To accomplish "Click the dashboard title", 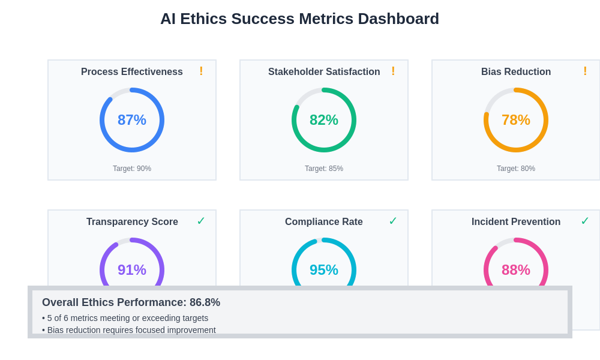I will pos(299,19).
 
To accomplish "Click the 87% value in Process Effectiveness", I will pos(132,120).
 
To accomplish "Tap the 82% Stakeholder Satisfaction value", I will pos(324,120).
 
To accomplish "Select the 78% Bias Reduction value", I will pos(516,120).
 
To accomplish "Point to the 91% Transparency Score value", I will pos(132,270).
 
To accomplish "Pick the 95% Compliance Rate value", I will pos(324,270).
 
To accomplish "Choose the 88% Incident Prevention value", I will pos(516,270).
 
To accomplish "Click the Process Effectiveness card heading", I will pos(132,72).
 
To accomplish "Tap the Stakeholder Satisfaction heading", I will pos(324,72).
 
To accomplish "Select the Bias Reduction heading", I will pos(516,72).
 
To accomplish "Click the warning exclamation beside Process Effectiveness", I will pos(201,71).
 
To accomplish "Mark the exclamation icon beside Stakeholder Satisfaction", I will pos(393,71).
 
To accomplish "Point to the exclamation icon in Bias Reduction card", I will pos(585,71).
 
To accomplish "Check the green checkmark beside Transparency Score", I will pos(201,221).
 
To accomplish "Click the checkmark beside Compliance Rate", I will pos(393,221).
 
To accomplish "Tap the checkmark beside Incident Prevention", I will pos(585,221).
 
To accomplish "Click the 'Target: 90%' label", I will pos(132,169).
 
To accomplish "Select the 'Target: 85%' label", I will pos(324,169).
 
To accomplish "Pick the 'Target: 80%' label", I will pos(516,169).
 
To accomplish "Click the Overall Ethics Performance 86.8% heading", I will pos(131,302).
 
